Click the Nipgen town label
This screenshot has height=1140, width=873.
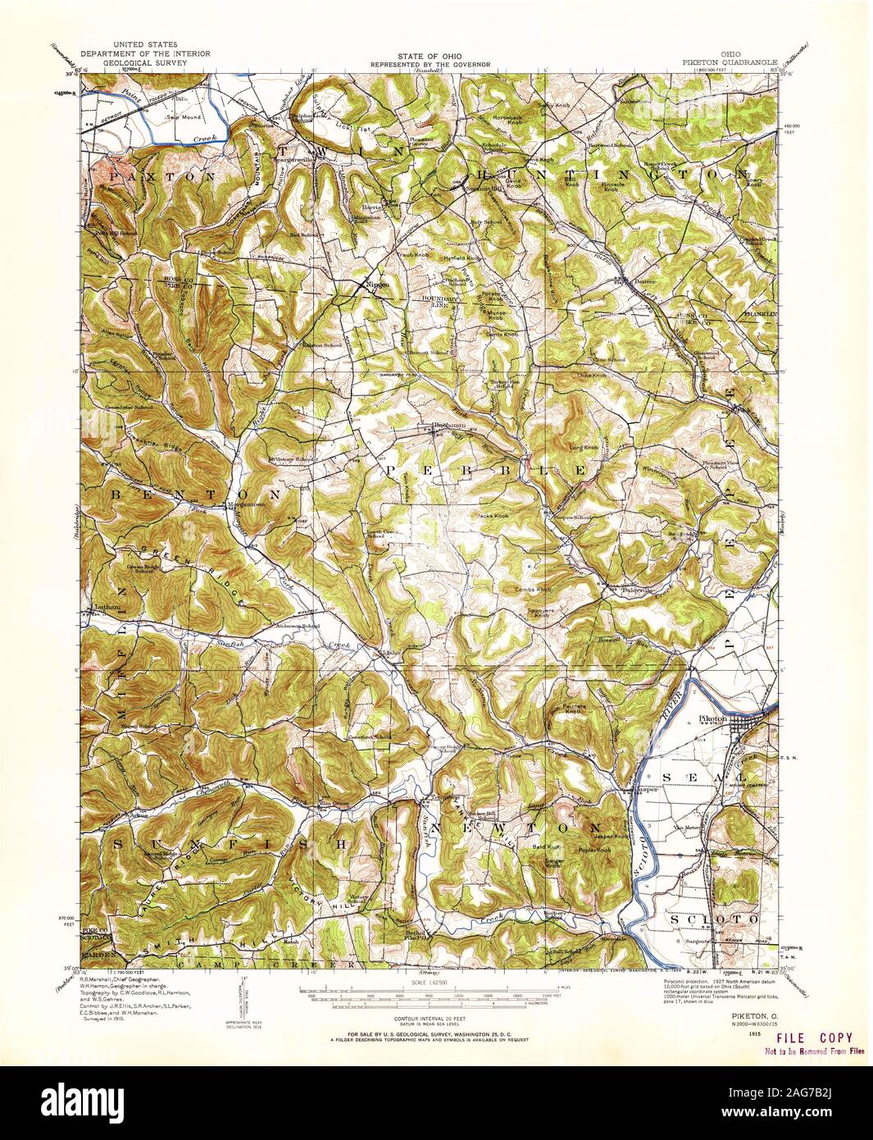[x=375, y=285]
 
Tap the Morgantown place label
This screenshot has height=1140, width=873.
[x=247, y=505]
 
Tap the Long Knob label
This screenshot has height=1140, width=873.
[x=584, y=448]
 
